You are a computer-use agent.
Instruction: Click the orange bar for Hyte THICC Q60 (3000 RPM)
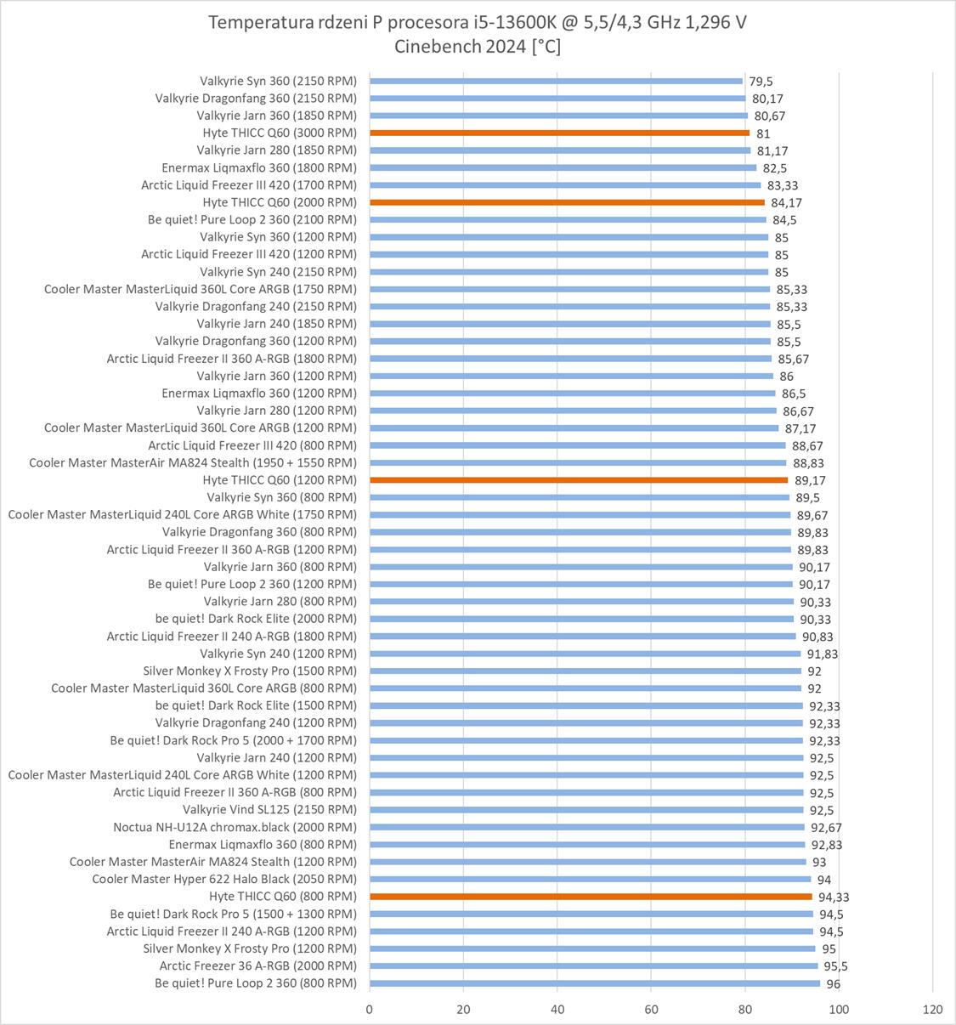tap(559, 133)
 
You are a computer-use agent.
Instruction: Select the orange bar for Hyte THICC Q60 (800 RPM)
tap(591, 897)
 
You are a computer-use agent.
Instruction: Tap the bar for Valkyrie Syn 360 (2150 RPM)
tap(556, 82)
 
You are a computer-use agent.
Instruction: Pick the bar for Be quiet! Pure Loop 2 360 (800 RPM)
tap(595, 983)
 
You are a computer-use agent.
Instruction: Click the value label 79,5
tap(761, 82)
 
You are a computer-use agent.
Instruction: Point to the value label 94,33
tap(834, 898)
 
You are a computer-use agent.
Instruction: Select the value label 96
tap(833, 984)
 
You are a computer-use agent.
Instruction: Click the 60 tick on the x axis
tap(651, 1009)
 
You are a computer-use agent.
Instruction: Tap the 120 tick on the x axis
tap(932, 1009)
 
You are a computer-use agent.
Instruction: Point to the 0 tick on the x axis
tap(370, 1009)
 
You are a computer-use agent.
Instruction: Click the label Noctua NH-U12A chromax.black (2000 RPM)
tap(235, 827)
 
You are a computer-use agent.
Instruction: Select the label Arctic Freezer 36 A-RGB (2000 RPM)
tap(257, 966)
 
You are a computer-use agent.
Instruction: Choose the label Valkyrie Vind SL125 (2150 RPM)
tap(269, 809)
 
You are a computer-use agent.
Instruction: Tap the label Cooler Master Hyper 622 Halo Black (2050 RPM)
tap(224, 879)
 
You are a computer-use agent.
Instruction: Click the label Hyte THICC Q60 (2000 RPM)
tap(280, 202)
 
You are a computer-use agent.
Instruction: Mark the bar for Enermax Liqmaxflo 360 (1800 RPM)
tap(563, 168)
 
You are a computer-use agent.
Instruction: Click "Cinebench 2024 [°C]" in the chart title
tap(478, 47)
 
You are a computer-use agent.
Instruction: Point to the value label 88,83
tap(808, 463)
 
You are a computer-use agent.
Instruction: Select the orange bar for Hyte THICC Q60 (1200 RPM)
tap(579, 480)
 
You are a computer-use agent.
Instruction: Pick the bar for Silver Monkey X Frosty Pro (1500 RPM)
tap(585, 671)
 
